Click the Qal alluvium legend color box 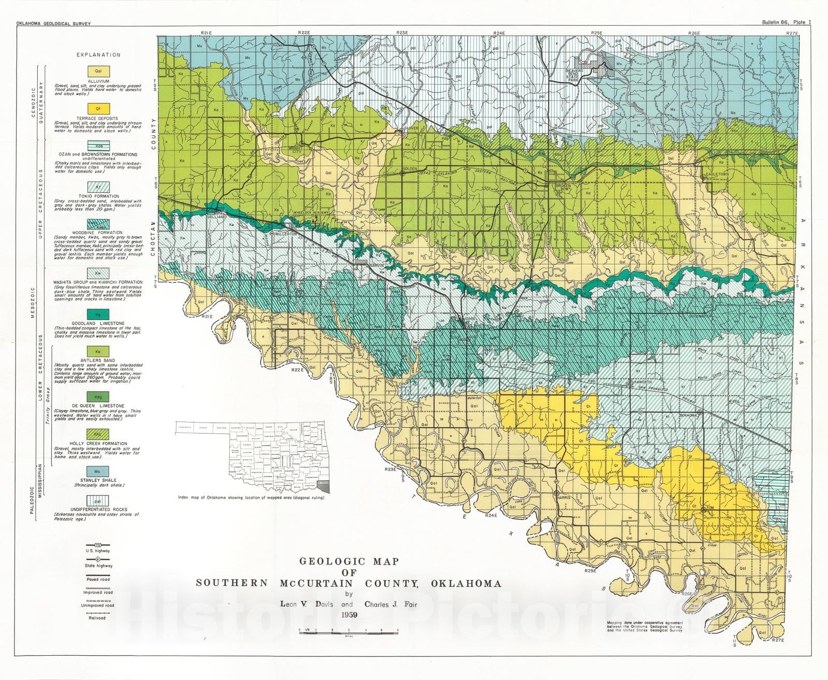[x=98, y=72]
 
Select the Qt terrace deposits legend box [x=98, y=110]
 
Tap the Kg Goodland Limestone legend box [x=98, y=314]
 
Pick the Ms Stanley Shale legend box [x=98, y=472]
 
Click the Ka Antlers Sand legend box [x=98, y=351]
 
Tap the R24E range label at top [x=498, y=33]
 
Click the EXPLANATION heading [x=98, y=55]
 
